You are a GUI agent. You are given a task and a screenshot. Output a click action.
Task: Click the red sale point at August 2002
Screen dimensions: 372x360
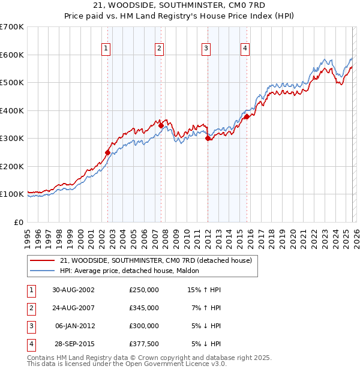[108, 152]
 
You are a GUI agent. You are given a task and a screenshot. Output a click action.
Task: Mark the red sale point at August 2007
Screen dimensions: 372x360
[161, 125]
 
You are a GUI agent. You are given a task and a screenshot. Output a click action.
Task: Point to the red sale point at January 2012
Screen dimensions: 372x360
[208, 138]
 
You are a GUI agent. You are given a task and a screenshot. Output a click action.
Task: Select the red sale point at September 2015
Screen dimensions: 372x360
[247, 117]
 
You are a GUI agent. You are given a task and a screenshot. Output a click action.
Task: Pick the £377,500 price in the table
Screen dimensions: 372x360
[144, 344]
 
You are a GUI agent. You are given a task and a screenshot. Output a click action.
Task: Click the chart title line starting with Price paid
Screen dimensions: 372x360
[180, 16]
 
